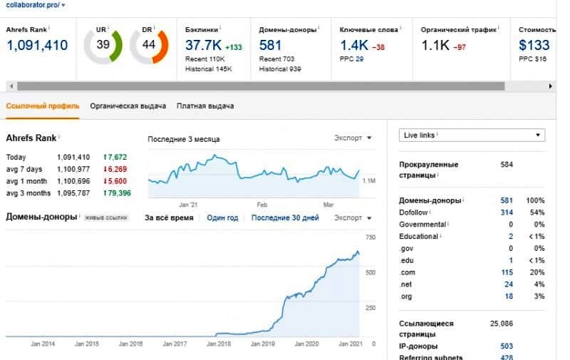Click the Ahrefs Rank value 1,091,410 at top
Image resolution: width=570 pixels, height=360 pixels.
pyautogui.click(x=37, y=46)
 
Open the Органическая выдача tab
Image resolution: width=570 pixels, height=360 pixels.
pyautogui.click(x=128, y=106)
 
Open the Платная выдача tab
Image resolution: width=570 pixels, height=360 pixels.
pyautogui.click(x=205, y=106)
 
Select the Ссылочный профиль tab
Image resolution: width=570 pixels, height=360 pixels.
pyautogui.click(x=43, y=106)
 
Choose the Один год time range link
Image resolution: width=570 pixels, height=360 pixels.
pyautogui.click(x=222, y=217)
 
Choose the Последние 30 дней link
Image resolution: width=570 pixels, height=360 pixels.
pyautogui.click(x=285, y=217)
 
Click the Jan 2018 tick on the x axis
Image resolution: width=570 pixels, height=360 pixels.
pyautogui.click(x=219, y=344)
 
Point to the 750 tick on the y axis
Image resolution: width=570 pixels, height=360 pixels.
pyautogui.click(x=370, y=237)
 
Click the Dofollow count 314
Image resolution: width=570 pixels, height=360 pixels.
pyautogui.click(x=507, y=213)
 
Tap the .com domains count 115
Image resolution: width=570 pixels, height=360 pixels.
pyautogui.click(x=507, y=272)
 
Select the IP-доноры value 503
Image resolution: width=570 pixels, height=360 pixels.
pyautogui.click(x=507, y=346)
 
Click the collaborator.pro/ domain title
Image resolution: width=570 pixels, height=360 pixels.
pyautogui.click(x=32, y=5)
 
